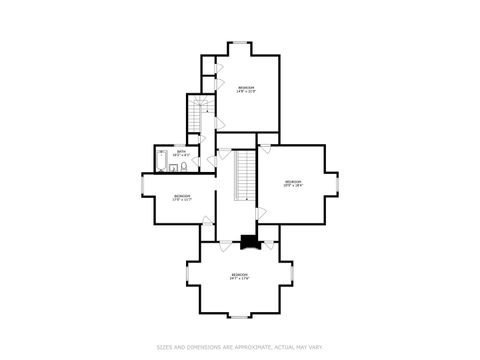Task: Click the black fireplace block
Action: (x=248, y=241)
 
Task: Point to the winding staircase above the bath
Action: (x=198, y=112)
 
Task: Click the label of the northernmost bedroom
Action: (x=246, y=90)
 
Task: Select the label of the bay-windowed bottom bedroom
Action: (x=239, y=275)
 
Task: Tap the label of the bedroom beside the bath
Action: (x=181, y=197)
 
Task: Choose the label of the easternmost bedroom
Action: (x=292, y=183)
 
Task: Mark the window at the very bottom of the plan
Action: (x=240, y=317)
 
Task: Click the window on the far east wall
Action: (x=339, y=183)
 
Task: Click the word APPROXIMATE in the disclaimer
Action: (x=248, y=347)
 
